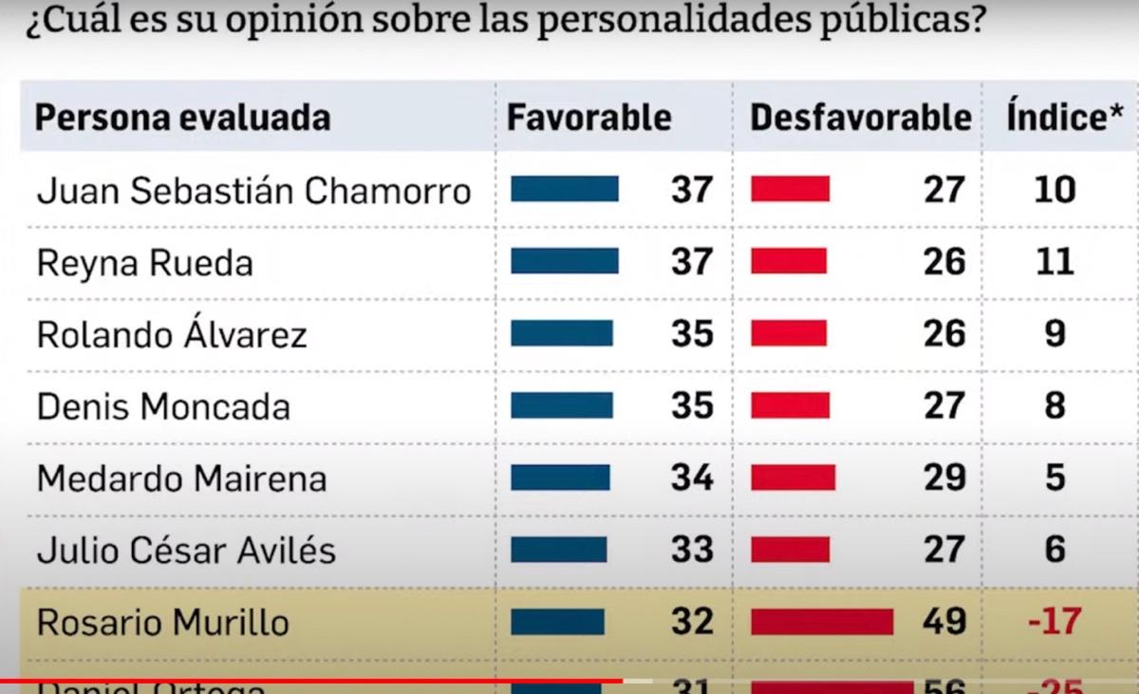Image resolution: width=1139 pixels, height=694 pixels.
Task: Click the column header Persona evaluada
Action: (182, 118)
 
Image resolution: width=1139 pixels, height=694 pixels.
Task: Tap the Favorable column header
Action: (588, 117)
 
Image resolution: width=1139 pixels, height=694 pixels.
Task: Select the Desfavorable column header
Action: (860, 117)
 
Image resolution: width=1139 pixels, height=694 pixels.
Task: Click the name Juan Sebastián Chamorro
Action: (253, 191)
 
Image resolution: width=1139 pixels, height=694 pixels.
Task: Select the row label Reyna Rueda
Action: (144, 263)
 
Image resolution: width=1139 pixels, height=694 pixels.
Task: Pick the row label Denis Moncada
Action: (163, 406)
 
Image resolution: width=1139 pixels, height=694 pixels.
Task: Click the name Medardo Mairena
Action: (181, 478)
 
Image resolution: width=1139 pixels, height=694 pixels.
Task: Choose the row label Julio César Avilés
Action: (186, 550)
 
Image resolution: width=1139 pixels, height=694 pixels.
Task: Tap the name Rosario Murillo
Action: (164, 622)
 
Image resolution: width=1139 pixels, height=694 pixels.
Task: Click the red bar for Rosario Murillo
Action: (822, 622)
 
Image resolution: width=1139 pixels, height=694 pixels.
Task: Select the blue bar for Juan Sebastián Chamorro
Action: (564, 189)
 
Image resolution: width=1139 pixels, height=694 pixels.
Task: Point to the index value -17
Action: (1055, 622)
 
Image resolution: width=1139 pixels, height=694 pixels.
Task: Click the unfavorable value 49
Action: (944, 622)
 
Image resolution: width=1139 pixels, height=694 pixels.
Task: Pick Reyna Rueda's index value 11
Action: (1055, 261)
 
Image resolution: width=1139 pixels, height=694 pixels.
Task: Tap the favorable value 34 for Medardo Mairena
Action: (692, 477)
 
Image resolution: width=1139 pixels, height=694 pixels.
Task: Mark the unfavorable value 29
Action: (944, 477)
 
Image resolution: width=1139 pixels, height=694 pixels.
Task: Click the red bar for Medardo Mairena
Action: (793, 477)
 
